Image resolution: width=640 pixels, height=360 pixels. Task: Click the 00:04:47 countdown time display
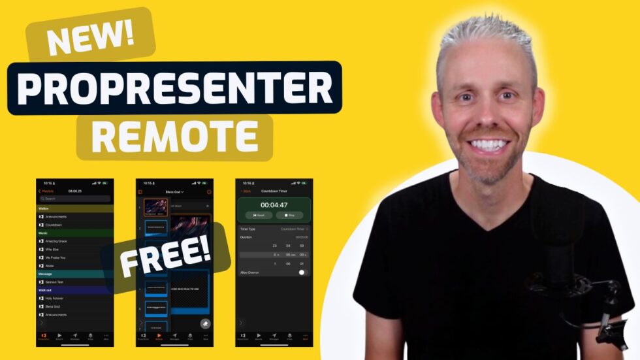tap(274, 204)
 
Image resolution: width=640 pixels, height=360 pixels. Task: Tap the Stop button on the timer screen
tap(289, 215)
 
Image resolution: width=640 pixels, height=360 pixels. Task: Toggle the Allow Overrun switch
tap(303, 272)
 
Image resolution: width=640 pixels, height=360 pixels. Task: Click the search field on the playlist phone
tap(74, 199)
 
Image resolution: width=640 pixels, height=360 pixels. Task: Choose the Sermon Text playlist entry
tap(55, 282)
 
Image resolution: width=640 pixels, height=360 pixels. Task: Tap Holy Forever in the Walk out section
tap(56, 298)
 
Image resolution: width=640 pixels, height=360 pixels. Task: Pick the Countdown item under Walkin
tap(54, 225)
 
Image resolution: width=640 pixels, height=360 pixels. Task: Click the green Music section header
tap(74, 233)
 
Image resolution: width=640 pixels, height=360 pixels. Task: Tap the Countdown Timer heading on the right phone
tap(274, 191)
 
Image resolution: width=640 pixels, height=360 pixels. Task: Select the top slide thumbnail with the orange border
tap(156, 207)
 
